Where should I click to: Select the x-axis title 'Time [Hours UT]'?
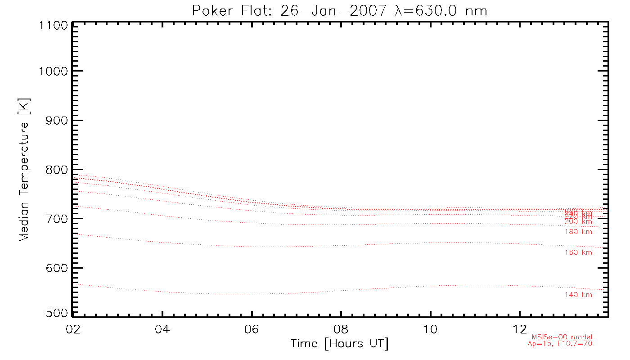[x=340, y=344]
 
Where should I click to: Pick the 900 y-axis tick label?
[x=55, y=120]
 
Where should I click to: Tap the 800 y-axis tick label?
[x=55, y=170]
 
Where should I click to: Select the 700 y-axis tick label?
[x=55, y=219]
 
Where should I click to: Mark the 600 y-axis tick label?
[x=55, y=268]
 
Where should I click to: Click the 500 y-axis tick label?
[x=55, y=313]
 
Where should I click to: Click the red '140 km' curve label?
[x=578, y=295]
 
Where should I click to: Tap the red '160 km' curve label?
[x=578, y=252]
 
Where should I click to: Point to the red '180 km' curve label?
[x=578, y=231]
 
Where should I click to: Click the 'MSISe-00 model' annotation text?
[x=562, y=337]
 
